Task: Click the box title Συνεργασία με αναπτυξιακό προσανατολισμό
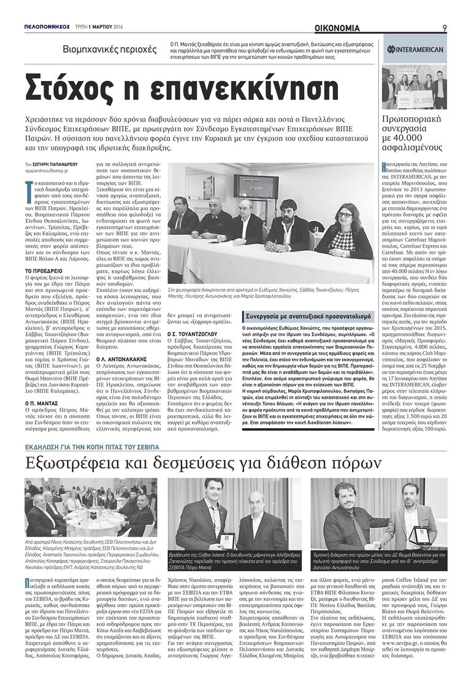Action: (x=308, y=316)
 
